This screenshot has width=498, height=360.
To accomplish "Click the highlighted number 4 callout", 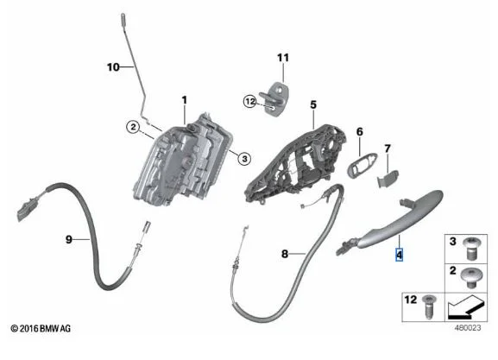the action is pos(400,255).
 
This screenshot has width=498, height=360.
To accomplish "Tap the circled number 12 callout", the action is pos(250,101).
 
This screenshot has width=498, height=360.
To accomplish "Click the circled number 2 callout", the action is pos(133,127).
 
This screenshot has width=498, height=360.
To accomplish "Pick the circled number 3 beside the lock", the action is pos(244,158).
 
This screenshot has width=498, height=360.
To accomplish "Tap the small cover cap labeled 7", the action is pos(388,179).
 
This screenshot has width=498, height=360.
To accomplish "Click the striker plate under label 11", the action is pos(275,99).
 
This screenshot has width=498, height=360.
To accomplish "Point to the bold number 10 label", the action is pos(113,67).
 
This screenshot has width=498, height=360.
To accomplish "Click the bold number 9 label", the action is pos(69,239).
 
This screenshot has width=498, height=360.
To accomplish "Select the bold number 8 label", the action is pos(285,254).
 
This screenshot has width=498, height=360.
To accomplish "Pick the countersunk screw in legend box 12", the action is pos(428,306).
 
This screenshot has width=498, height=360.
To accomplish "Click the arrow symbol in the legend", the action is pos(467,307).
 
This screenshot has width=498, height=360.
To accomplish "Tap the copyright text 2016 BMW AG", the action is pos(41,328).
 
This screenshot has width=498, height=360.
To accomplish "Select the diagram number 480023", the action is pos(468,327).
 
